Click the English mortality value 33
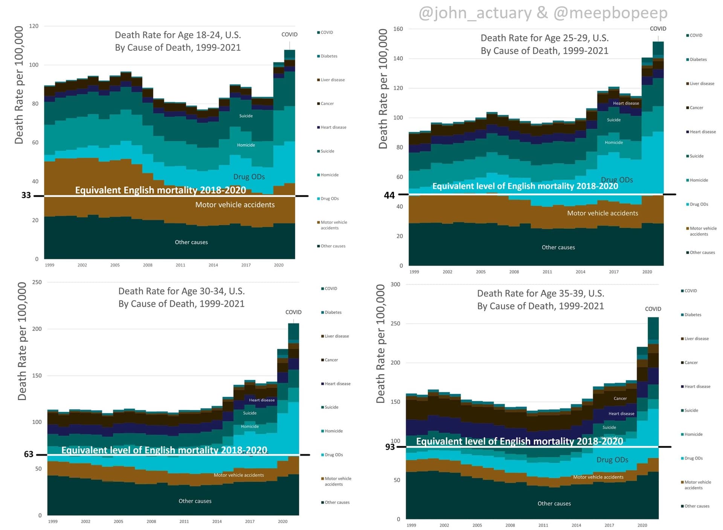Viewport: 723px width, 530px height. click(x=26, y=195)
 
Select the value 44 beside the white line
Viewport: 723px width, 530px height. click(x=389, y=195)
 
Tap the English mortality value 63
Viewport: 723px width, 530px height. click(x=29, y=454)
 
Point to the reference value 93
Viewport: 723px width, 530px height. click(x=390, y=447)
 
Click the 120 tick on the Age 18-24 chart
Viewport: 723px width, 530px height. click(x=34, y=26)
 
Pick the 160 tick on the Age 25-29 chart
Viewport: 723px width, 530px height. click(x=398, y=29)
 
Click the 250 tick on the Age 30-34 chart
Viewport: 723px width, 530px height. click(x=37, y=282)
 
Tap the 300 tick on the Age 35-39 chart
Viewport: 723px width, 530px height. click(x=395, y=284)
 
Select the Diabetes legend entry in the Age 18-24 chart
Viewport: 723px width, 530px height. click(x=329, y=56)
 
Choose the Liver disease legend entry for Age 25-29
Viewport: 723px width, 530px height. click(x=702, y=84)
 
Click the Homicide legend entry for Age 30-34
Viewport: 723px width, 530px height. click(x=333, y=431)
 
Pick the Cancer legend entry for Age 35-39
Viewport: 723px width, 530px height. click(x=691, y=362)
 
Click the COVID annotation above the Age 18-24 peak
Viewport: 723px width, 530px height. click(x=289, y=34)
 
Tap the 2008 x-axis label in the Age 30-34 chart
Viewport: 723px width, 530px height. click(x=151, y=521)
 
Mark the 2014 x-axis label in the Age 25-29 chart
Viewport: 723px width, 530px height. click(x=580, y=272)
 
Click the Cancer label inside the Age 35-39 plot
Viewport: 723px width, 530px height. click(x=620, y=398)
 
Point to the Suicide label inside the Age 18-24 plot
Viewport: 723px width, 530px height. click(x=246, y=116)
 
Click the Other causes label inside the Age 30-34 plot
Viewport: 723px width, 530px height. click(x=195, y=501)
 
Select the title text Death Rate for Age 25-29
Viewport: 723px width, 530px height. click(x=545, y=38)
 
